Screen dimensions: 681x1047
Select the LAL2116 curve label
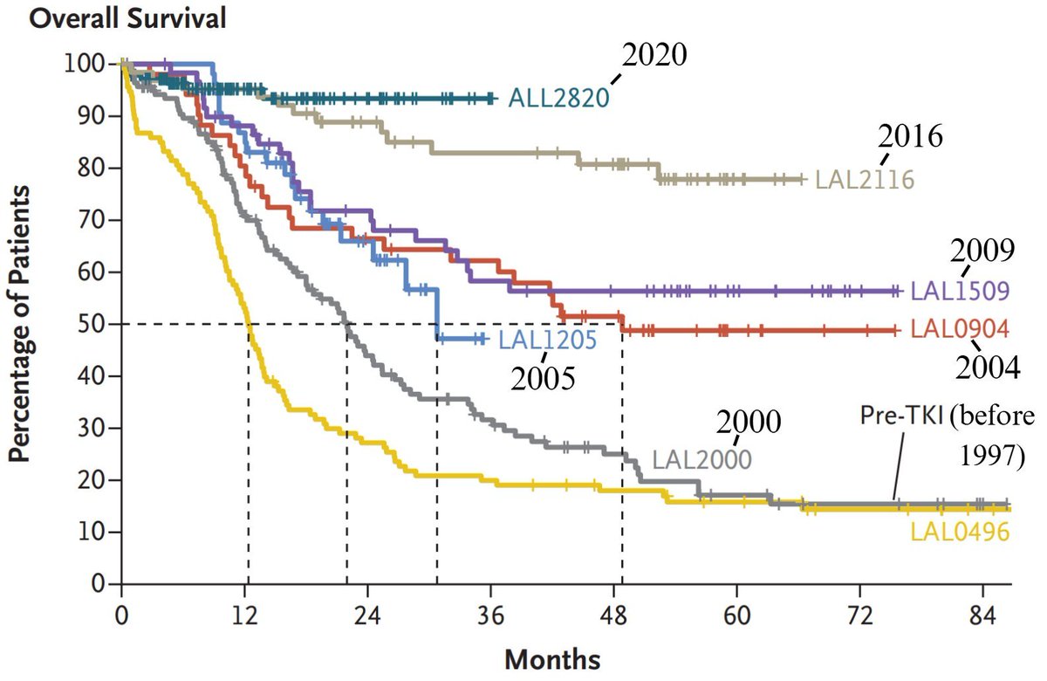864,180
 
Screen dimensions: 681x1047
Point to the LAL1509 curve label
960,290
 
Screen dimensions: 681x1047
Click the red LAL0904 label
960,330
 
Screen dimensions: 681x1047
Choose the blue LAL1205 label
547,340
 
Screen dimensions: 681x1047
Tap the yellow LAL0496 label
960,531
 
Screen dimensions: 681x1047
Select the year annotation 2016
911,138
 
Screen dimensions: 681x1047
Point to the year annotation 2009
982,251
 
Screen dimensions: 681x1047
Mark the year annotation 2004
987,368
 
